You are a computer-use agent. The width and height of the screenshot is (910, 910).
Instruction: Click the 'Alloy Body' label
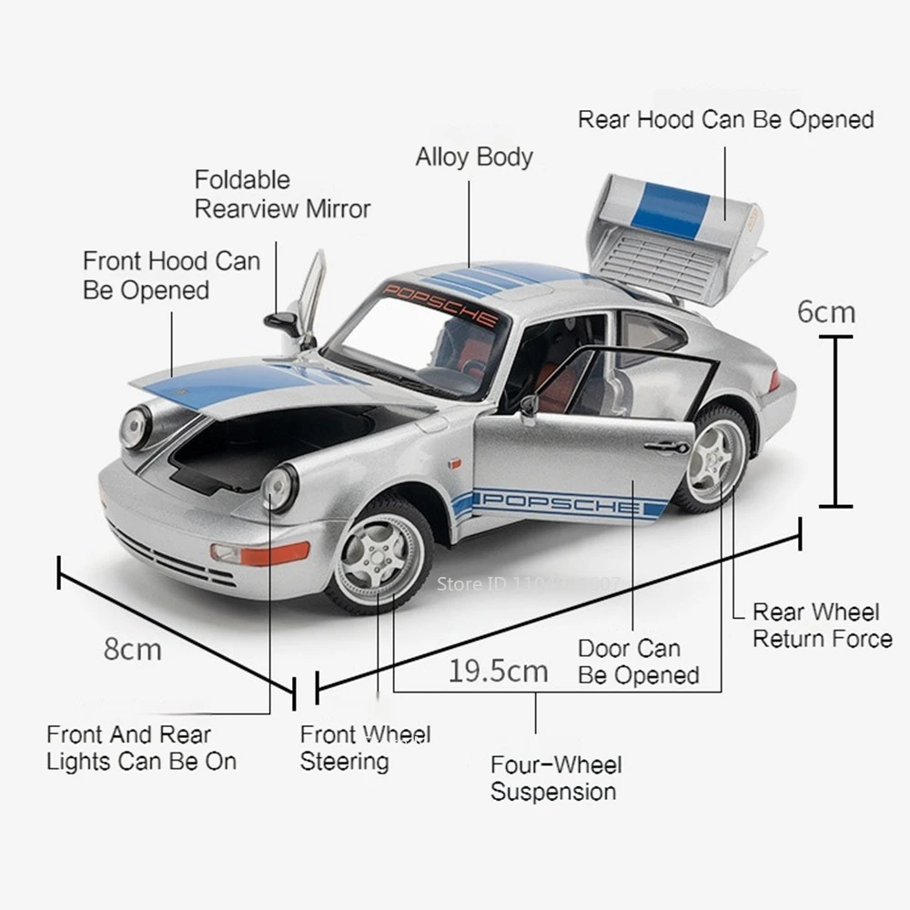click(474, 157)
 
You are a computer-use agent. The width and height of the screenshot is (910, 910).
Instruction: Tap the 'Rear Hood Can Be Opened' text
click(725, 119)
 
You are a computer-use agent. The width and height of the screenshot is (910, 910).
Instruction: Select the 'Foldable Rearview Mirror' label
click(282, 195)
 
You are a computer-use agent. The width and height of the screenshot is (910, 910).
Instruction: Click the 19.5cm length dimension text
click(498, 672)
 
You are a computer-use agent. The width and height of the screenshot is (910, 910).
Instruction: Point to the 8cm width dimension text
click(132, 649)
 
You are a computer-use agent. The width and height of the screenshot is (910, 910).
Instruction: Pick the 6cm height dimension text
click(826, 311)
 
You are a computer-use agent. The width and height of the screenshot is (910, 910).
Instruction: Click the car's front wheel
click(379, 554)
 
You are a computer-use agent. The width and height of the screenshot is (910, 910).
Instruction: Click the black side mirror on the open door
click(529, 406)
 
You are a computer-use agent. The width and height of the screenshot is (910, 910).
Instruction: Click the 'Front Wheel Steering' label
click(365, 747)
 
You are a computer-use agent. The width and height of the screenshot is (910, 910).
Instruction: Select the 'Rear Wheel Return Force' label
click(822, 625)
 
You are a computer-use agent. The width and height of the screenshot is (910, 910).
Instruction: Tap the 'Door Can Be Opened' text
click(638, 662)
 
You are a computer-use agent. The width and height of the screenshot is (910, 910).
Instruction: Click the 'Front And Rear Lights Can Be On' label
click(141, 747)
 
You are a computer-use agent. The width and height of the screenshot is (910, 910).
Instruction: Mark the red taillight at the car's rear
click(774, 380)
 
